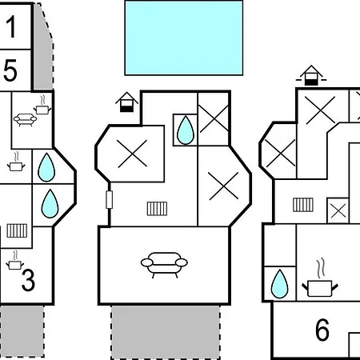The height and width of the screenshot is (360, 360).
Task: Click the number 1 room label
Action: coord(11,26)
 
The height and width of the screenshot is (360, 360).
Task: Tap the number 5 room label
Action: coord(10,70)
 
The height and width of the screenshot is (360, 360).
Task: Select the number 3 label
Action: coord(28,280)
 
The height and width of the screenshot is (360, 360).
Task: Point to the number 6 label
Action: coord(322,330)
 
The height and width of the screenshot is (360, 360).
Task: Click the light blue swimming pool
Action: coord(184,38)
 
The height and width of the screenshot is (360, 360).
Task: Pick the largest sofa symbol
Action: coord(164,265)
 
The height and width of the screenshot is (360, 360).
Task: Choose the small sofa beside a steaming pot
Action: coord(25,120)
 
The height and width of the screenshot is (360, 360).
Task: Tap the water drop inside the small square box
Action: coord(186,130)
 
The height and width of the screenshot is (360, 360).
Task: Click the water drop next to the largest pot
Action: coord(279,284)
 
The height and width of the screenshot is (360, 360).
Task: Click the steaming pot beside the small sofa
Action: coord(42,106)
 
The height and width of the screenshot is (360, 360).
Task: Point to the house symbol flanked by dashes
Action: coord(311,75)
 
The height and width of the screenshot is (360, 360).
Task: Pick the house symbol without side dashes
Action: coord(126,102)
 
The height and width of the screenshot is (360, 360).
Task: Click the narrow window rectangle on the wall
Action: coord(109,199)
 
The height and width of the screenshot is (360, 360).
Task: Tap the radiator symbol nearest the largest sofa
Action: coord(158,209)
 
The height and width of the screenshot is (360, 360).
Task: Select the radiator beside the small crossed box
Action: coord(303,205)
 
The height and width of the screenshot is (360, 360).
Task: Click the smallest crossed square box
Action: coord(338,210)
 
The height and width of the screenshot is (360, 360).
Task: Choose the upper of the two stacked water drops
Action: coord(46,167)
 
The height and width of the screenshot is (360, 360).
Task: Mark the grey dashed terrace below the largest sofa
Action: coord(166,332)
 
